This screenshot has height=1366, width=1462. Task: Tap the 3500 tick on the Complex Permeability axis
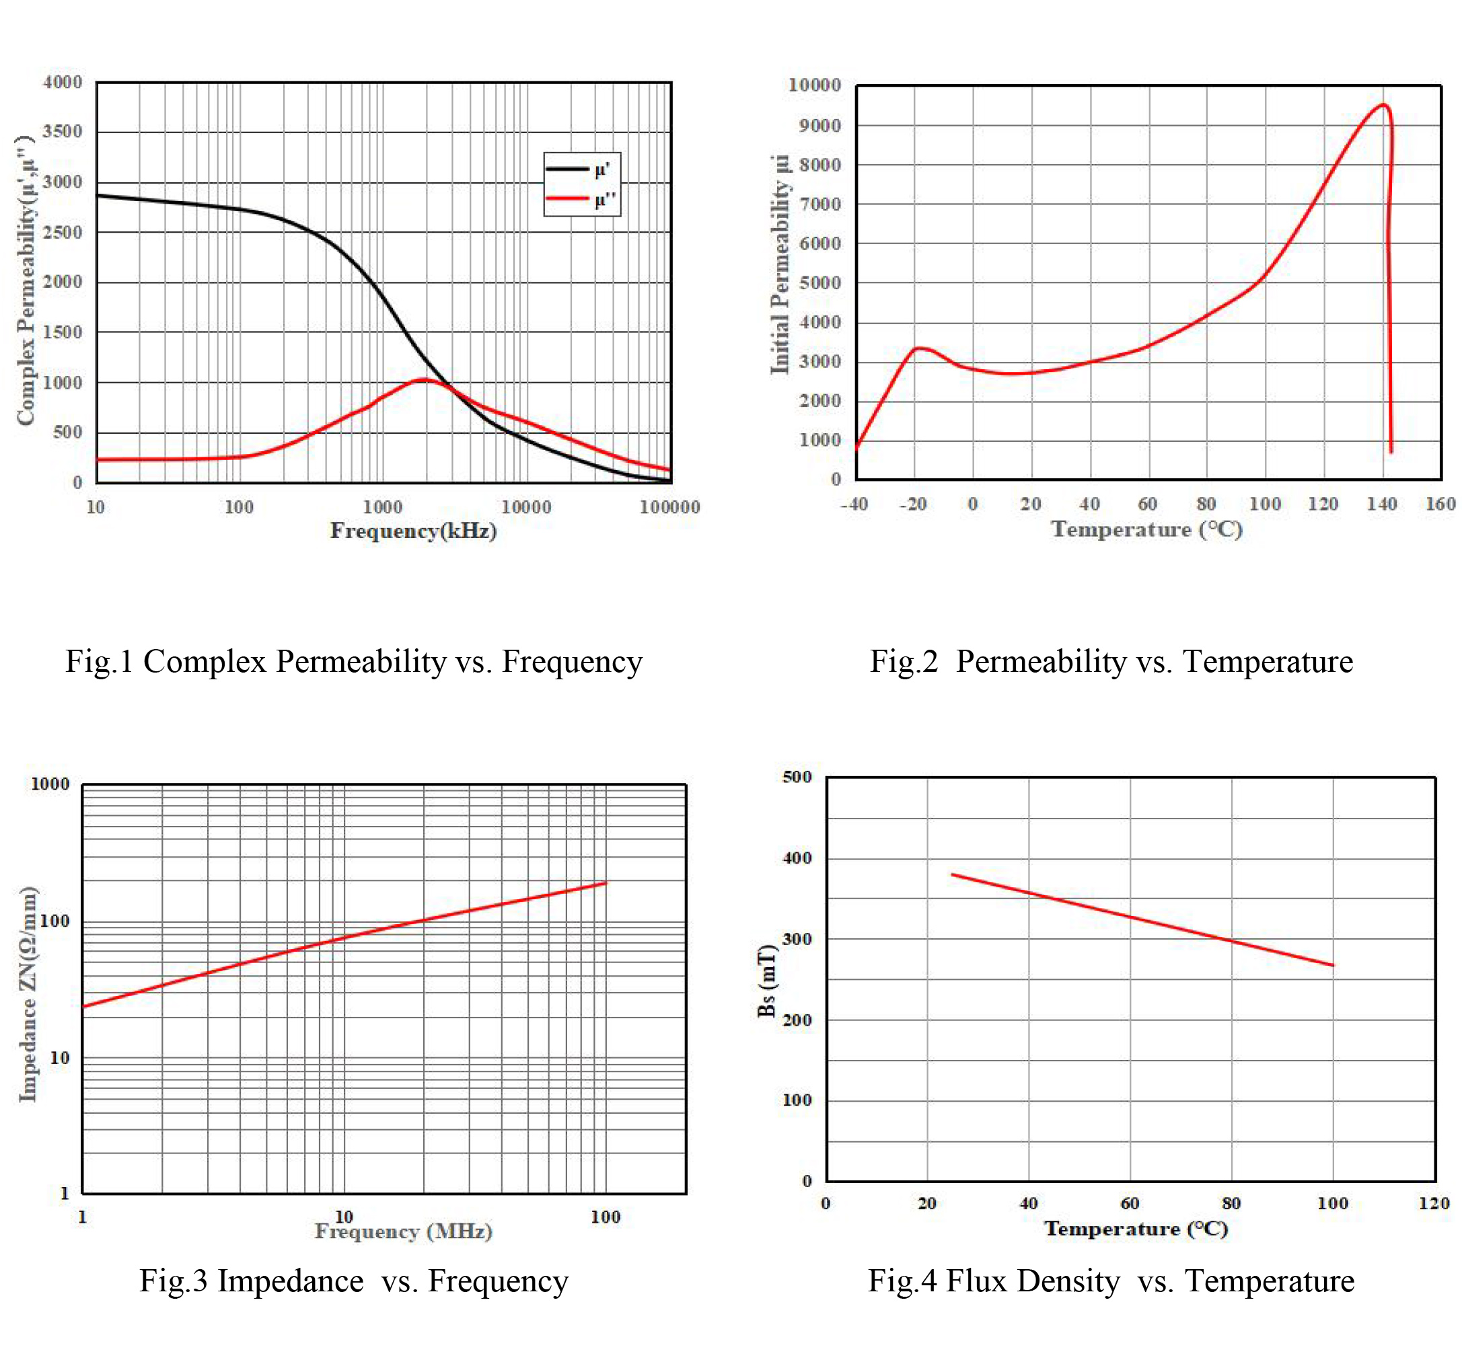point(63,132)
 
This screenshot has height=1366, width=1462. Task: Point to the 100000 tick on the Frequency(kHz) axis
point(669,506)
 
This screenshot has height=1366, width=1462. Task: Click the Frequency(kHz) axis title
point(413,531)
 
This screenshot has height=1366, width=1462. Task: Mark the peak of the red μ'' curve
point(424,379)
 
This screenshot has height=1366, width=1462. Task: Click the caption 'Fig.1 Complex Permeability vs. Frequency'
point(354,662)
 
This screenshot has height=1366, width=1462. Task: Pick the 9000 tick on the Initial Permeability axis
point(819,126)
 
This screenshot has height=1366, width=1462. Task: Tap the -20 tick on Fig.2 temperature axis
point(912,504)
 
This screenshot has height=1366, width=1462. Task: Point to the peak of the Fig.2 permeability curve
point(1383,104)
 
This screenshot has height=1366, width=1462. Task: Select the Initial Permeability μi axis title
point(780,265)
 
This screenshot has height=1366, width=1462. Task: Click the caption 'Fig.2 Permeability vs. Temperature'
point(1111,662)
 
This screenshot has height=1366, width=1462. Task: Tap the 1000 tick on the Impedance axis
point(50,784)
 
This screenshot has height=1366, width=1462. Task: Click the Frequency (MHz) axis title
point(404,1231)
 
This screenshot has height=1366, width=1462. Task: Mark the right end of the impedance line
point(606,882)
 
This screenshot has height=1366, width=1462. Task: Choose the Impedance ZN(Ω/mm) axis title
point(28,994)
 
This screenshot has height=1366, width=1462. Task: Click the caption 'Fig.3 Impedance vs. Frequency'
point(354,1281)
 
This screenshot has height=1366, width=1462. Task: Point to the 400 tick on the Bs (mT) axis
point(797,858)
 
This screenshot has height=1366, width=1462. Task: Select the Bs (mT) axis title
point(766,981)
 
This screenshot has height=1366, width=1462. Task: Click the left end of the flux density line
point(953,874)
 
